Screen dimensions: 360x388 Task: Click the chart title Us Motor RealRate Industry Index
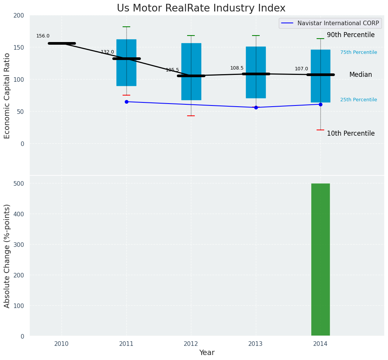tap(201, 8)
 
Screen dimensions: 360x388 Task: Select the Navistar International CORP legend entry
tap(330, 23)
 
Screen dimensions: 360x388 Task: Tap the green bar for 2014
tap(320, 259)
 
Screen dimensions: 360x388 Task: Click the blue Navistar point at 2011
tap(126, 102)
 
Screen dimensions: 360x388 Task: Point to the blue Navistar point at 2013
tap(256, 107)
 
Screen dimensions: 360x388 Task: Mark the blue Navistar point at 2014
tap(320, 104)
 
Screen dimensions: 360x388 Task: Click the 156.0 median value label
tap(43, 36)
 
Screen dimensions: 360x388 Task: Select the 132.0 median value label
tap(107, 52)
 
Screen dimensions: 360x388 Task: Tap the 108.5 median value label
tap(237, 68)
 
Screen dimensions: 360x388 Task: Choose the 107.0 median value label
tap(301, 69)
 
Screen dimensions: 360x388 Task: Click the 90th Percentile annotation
tap(351, 35)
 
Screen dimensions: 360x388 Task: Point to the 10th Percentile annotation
tap(351, 134)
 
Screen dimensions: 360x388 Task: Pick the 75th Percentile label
tap(359, 53)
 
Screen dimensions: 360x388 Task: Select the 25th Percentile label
tap(359, 100)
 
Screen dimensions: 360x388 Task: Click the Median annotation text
tap(361, 75)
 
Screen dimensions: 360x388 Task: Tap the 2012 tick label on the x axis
tap(191, 344)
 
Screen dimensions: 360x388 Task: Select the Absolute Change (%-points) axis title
tap(7, 256)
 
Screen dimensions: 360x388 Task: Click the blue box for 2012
tap(191, 88)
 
